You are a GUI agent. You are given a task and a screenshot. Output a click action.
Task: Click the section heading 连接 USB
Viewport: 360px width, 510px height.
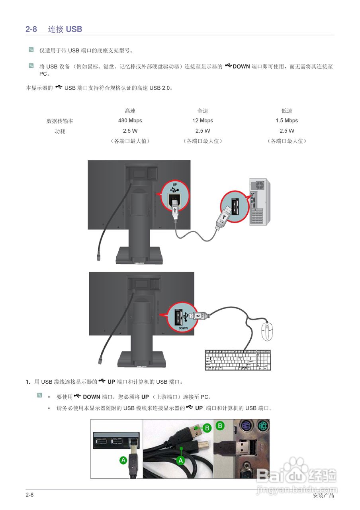click(x=65, y=29)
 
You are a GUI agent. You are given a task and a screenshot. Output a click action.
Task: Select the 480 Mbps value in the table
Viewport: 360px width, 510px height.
click(x=130, y=120)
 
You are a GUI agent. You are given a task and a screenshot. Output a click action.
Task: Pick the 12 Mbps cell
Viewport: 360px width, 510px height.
click(x=202, y=120)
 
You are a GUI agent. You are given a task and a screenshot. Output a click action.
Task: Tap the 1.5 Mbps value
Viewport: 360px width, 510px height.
click(x=287, y=120)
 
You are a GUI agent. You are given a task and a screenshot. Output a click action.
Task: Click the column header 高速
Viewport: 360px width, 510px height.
click(x=130, y=111)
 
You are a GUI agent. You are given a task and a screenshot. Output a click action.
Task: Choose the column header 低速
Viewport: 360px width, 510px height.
click(x=287, y=111)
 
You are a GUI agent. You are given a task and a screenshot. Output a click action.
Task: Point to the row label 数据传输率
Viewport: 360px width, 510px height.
click(x=60, y=121)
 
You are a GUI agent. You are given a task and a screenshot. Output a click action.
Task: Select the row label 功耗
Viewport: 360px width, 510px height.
click(x=60, y=131)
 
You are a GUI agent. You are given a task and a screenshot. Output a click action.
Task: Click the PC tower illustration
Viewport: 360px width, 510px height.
click(x=260, y=202)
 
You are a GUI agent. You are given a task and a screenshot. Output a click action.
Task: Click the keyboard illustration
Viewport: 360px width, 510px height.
click(x=238, y=360)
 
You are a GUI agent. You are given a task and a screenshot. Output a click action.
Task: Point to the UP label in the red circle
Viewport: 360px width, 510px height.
click(x=175, y=184)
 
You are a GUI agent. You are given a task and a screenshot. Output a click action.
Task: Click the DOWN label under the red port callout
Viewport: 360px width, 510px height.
click(x=183, y=328)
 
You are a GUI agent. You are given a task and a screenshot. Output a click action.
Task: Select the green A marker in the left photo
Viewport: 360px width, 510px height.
click(x=123, y=460)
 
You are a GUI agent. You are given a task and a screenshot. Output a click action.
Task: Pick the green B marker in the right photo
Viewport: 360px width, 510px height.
click(x=220, y=426)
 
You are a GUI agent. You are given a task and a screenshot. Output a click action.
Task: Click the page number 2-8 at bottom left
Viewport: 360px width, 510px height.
click(x=29, y=495)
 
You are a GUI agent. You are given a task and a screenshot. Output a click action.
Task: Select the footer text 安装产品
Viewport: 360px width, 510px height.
click(x=323, y=496)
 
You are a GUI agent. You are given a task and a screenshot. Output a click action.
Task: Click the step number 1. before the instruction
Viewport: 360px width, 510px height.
click(x=28, y=382)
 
